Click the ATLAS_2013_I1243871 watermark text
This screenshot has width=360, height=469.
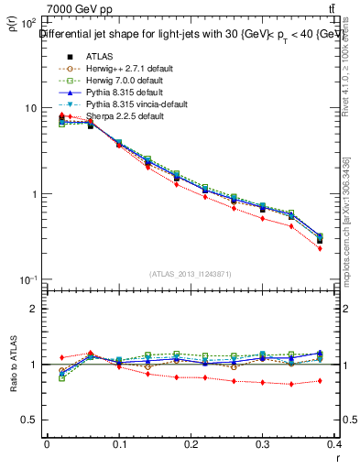click(191, 274)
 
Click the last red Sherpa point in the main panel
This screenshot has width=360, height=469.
click(320, 248)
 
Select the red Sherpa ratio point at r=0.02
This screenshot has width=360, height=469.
click(61, 357)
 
